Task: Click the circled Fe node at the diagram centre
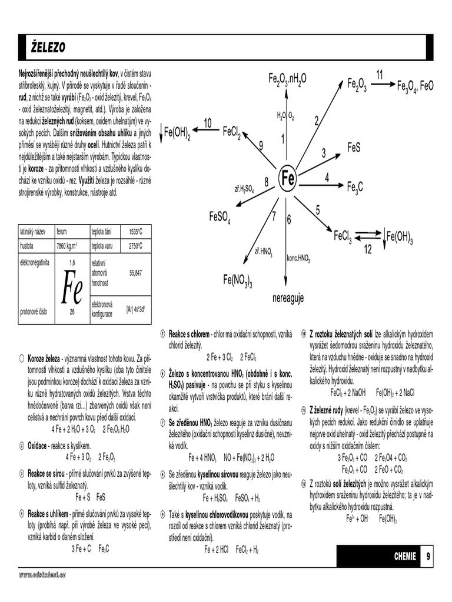[x=288, y=178]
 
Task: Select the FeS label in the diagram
[x=354, y=148]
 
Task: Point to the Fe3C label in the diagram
[x=355, y=187]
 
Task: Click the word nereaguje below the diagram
[x=288, y=299]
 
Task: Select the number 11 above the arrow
[x=380, y=74]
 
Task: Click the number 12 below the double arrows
[x=367, y=249]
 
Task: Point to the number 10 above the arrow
[x=207, y=122]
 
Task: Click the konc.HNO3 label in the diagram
[x=298, y=258]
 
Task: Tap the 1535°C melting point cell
[x=136, y=232]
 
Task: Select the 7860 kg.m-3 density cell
[x=67, y=246]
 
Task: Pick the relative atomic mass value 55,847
[x=135, y=273]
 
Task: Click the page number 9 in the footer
[x=428, y=556]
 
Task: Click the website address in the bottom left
[x=42, y=574]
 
